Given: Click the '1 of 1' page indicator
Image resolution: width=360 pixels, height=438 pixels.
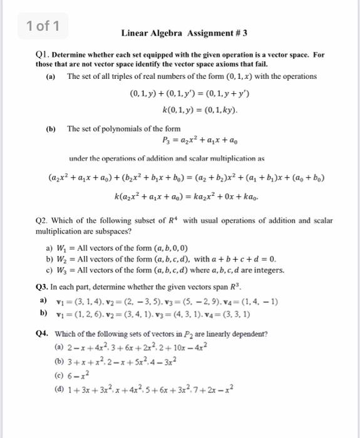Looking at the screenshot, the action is [x=43, y=26].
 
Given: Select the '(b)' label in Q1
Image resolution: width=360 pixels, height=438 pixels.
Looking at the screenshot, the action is [x=51, y=129].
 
